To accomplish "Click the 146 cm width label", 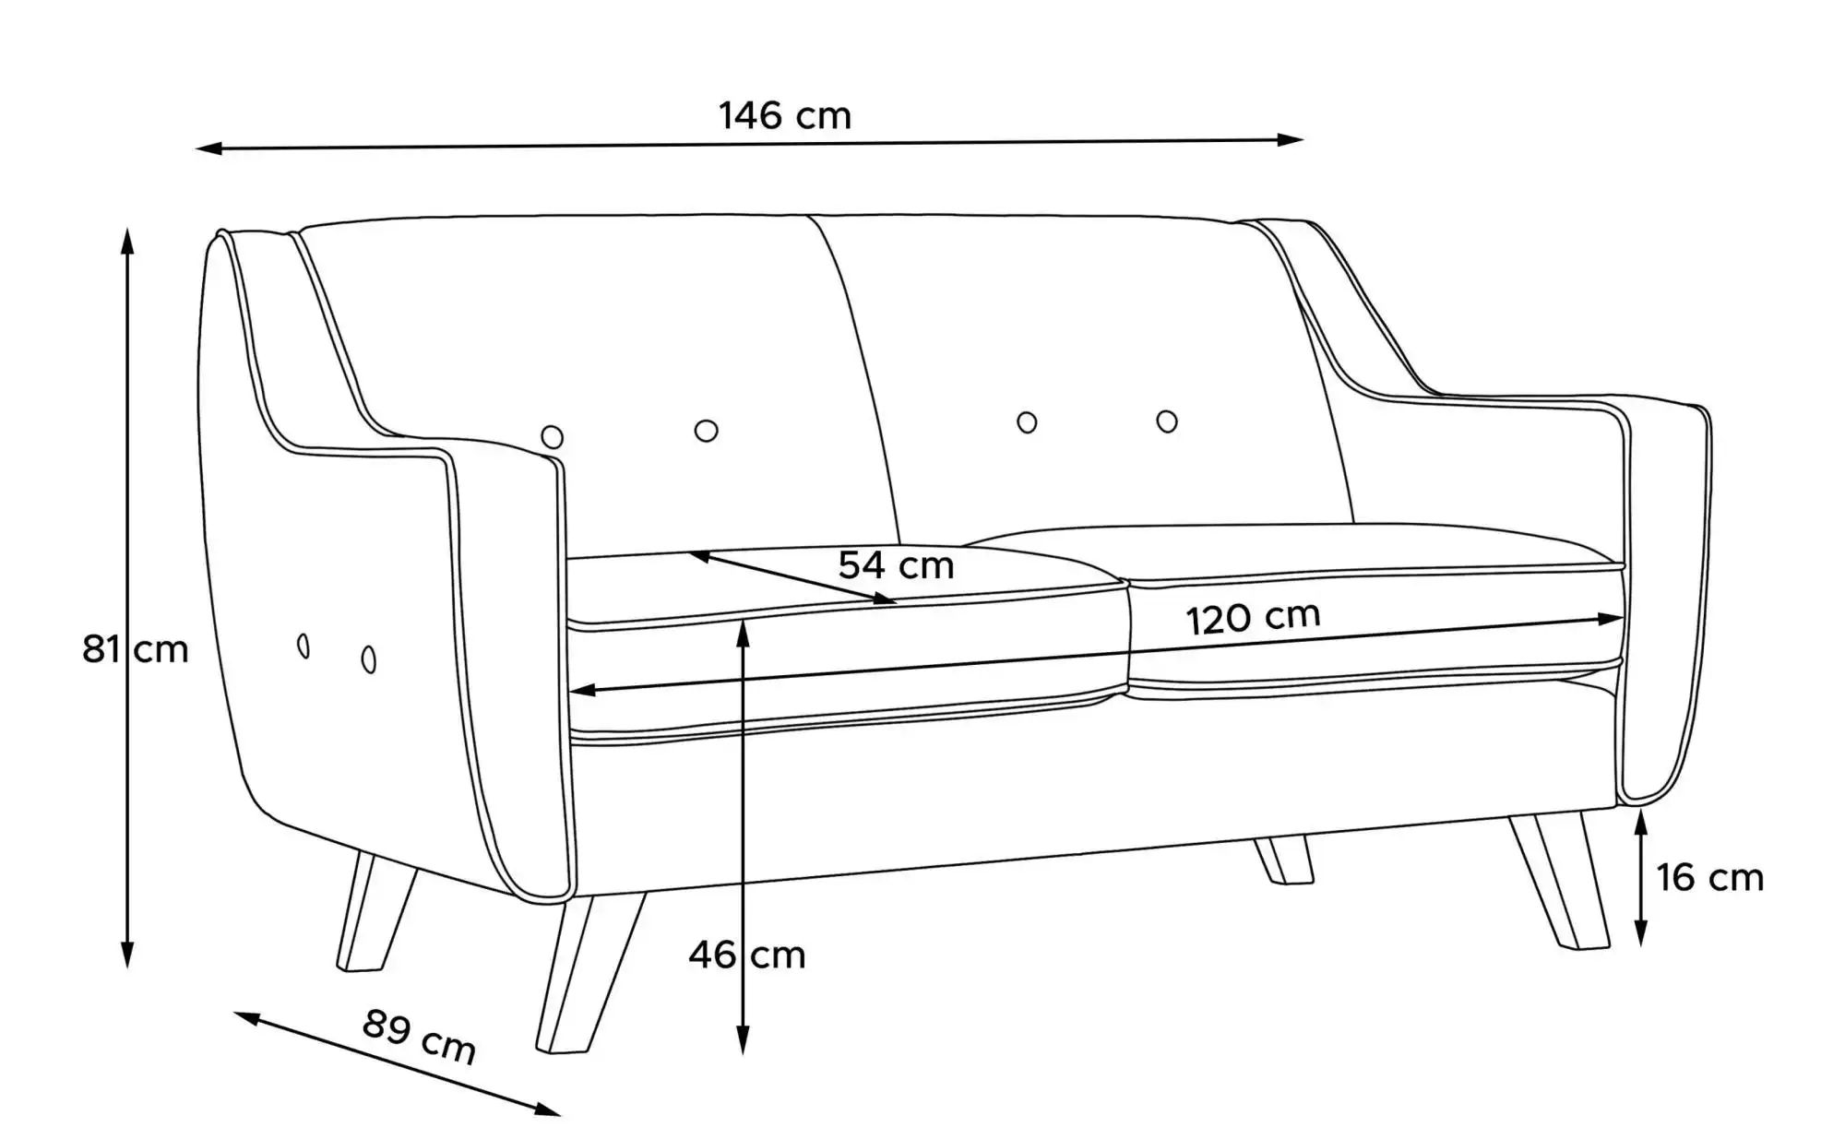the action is coord(785,116).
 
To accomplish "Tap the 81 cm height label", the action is coord(136,649).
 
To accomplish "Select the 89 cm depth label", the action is coord(419,1036).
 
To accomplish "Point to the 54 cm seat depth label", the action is coord(896,564).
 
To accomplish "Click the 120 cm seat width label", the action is coord(1253,618).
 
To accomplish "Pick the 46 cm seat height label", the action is coord(747,955).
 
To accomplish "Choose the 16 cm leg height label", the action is coord(1709,877).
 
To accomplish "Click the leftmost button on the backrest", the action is coord(553,437).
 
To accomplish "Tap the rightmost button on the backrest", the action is coord(1167,421).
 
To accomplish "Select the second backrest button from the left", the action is coord(707,431).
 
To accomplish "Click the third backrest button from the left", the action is coord(1027,422).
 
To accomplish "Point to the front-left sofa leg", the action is coord(590,972).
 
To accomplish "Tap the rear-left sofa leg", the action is coord(376,910).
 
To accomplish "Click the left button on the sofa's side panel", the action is coord(304,647).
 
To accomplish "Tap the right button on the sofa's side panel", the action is coord(369,659).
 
